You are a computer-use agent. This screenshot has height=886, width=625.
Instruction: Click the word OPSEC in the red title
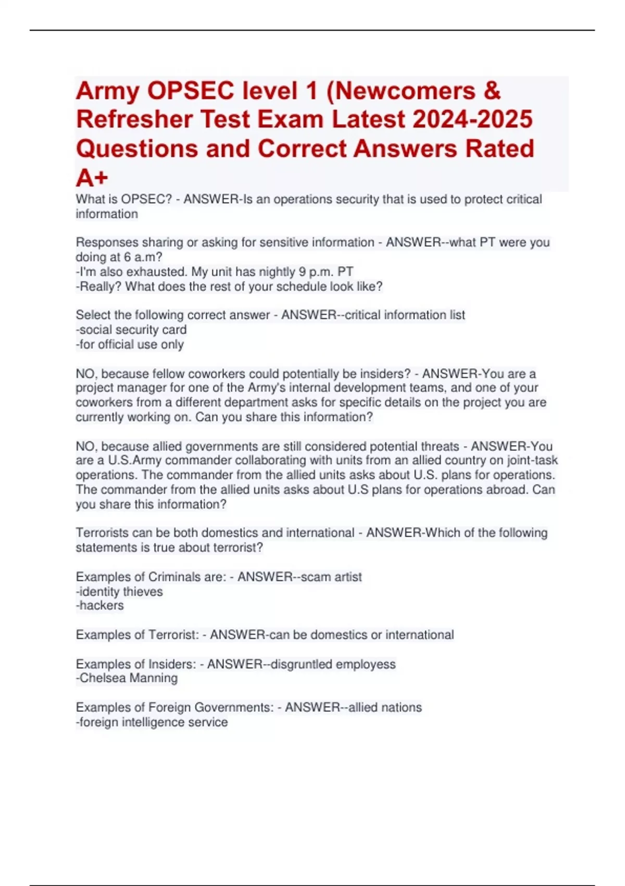[x=191, y=91]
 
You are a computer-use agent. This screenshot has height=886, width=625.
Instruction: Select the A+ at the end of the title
[x=92, y=178]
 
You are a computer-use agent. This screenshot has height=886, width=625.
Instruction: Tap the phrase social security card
[x=133, y=329]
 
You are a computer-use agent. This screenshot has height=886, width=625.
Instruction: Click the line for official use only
[x=130, y=344]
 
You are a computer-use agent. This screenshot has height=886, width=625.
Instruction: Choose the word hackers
[x=101, y=606]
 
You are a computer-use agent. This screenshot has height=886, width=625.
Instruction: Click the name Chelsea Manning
[x=128, y=678]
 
